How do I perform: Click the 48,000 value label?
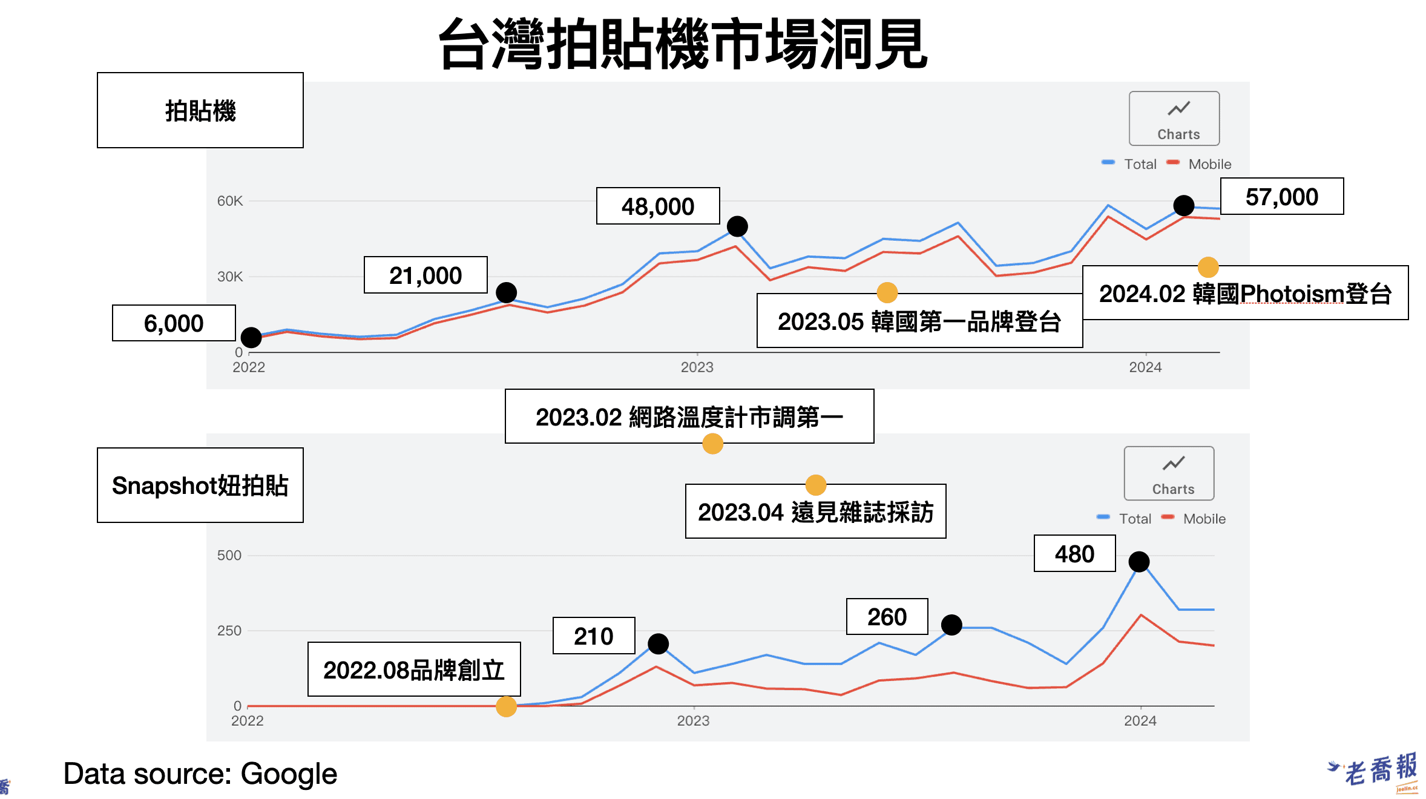coord(658,206)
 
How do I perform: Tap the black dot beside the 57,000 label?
coord(1183,205)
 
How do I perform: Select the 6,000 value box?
coord(174,323)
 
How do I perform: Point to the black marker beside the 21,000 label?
coord(506,292)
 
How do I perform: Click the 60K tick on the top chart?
coord(230,201)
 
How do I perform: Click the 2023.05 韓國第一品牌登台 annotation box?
coord(919,321)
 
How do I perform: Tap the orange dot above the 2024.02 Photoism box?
coord(1208,267)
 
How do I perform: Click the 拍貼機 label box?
coord(200,111)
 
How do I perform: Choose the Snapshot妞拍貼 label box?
coord(200,485)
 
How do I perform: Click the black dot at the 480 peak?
coord(1139,562)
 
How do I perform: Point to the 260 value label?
coord(887,617)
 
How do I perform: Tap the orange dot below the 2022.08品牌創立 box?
coord(506,706)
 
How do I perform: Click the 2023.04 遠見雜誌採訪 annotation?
coord(815,512)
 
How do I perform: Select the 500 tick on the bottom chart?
coord(229,555)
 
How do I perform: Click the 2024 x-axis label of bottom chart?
coord(1140,721)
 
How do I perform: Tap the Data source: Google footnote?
coord(200,774)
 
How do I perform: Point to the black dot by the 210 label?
coord(658,643)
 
